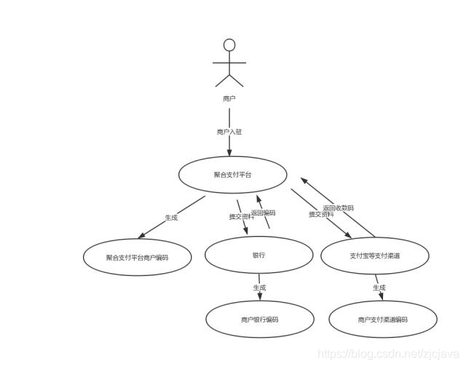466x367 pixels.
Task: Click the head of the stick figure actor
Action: pos(229,45)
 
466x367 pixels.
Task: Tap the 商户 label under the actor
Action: pos(229,98)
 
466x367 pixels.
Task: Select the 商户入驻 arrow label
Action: pos(229,132)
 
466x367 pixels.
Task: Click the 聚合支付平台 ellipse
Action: pos(233,175)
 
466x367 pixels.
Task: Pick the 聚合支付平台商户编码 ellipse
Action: pos(137,257)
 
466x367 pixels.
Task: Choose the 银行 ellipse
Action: pos(258,255)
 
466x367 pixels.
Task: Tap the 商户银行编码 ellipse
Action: pos(259,319)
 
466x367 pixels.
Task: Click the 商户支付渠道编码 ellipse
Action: pos(383,319)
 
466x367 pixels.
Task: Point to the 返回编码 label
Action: pos(264,213)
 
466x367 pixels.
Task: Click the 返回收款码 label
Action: pos(339,208)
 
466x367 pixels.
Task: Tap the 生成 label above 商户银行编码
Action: pos(259,288)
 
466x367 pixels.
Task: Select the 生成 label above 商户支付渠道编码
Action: pos(379,288)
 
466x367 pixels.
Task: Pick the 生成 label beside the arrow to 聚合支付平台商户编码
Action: pos(171,218)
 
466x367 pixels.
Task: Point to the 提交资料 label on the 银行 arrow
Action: pos(241,217)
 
